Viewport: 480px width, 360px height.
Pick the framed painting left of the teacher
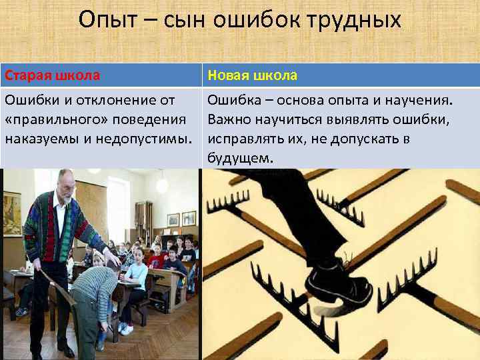click(11, 213)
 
